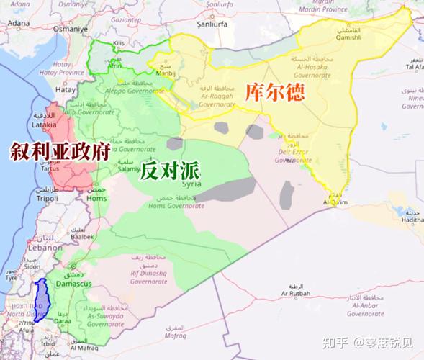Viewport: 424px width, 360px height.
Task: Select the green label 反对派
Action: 170,171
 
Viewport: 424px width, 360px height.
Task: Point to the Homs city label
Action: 96,199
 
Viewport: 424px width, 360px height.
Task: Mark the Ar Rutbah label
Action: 295,294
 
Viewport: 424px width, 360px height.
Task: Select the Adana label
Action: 19,23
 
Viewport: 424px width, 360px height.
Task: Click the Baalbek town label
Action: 82,235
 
